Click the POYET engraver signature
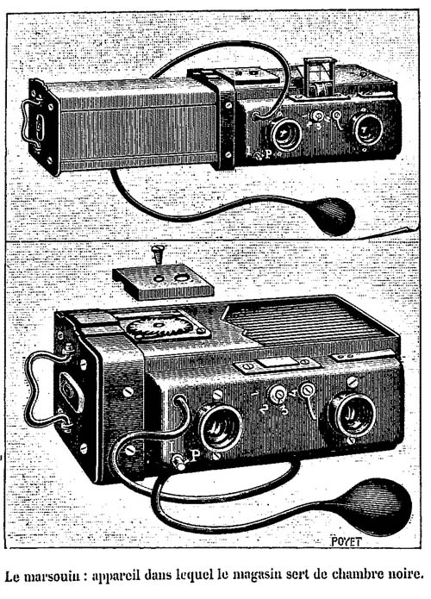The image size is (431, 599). pyautogui.click(x=346, y=541)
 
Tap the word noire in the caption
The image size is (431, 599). pyautogui.click(x=406, y=574)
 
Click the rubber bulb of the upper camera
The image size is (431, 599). pyautogui.click(x=333, y=215)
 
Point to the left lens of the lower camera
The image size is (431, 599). pyautogui.click(x=220, y=427)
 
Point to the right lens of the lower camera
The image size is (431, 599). pyautogui.click(x=352, y=415)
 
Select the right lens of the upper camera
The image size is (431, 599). pyautogui.click(x=367, y=130)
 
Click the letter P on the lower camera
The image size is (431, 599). pyautogui.click(x=195, y=455)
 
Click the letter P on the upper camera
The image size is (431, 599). pyautogui.click(x=268, y=155)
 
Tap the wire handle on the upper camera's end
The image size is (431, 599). pyautogui.click(x=30, y=123)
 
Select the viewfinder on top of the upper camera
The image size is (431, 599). pyautogui.click(x=318, y=77)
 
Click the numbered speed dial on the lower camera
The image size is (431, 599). pyautogui.click(x=278, y=394)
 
